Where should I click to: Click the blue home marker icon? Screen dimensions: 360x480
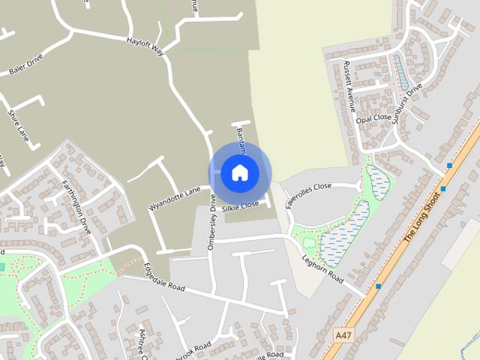(x=239, y=172)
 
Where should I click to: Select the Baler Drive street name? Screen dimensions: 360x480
(x=26, y=65)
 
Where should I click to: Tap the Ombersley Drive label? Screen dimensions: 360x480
(x=212, y=222)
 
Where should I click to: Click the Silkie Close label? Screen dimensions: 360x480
(x=240, y=204)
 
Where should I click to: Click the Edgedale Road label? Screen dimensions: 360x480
(x=163, y=276)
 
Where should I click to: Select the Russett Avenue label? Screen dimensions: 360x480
(x=349, y=85)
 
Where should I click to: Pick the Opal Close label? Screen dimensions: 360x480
(x=374, y=118)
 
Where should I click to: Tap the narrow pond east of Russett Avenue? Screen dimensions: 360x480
(x=400, y=70)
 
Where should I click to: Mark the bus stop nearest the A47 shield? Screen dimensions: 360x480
(x=379, y=286)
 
